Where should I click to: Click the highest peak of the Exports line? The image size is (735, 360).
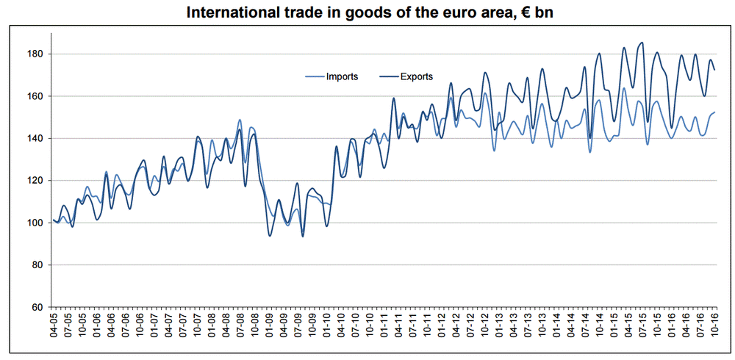pos(642,43)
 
